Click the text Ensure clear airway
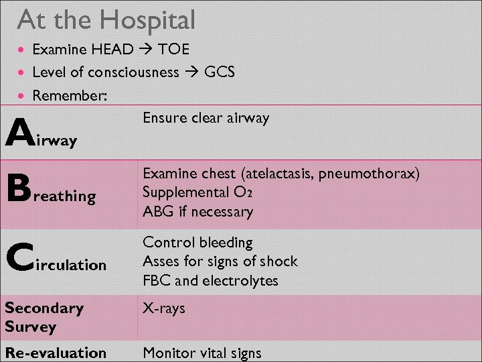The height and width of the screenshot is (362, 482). click(206, 118)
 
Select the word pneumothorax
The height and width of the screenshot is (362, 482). click(370, 174)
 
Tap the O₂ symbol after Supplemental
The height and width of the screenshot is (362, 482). click(243, 193)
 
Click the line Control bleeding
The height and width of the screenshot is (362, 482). click(197, 243)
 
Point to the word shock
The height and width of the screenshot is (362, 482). click(279, 261)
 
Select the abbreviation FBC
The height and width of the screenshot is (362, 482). click(157, 280)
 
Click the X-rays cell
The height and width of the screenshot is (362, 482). click(163, 308)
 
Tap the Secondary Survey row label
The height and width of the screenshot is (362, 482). click(44, 317)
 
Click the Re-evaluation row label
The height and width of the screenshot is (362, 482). click(56, 353)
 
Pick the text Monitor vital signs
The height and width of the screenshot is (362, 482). click(202, 353)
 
